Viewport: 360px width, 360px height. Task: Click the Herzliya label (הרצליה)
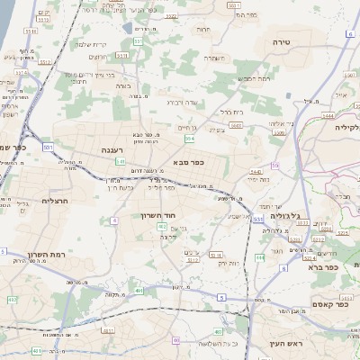56,201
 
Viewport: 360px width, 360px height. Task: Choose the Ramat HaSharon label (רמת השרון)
44,256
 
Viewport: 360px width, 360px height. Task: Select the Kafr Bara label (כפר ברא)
320,266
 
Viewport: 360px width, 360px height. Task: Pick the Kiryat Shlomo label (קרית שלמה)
90,45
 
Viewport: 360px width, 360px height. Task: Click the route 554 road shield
189,139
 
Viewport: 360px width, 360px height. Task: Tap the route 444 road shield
259,257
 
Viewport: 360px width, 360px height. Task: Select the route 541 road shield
120,161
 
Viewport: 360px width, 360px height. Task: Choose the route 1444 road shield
328,115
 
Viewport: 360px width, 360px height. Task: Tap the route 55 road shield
274,165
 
